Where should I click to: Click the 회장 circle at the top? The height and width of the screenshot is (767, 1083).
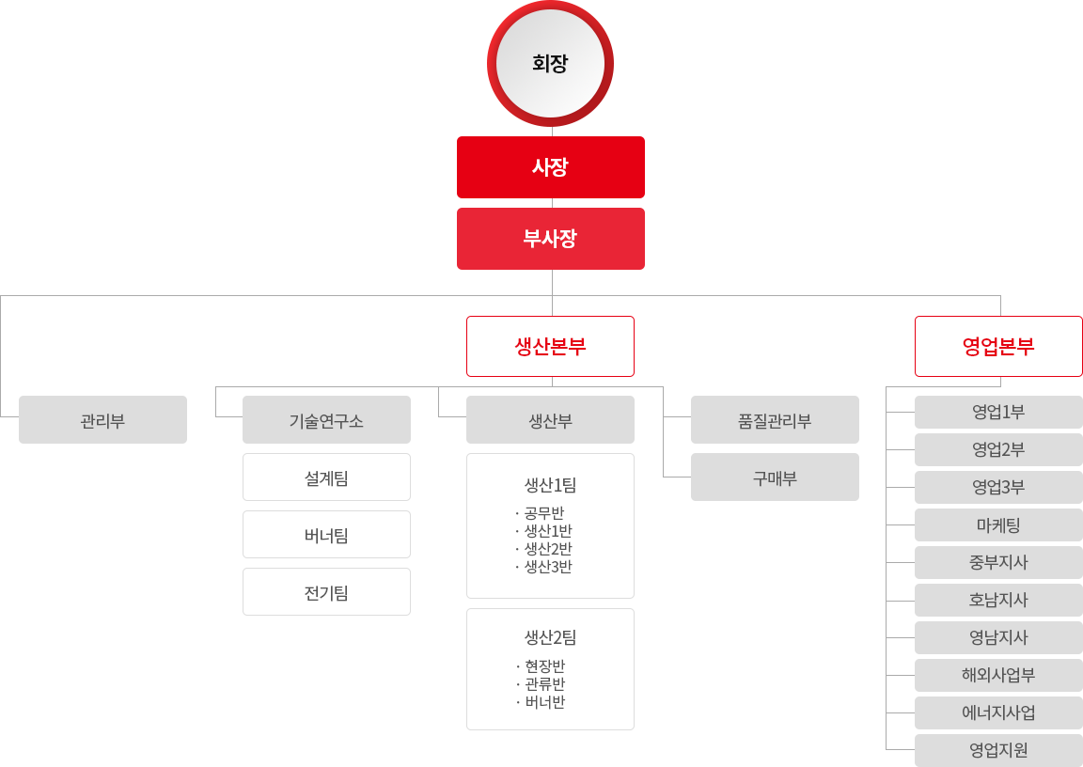pos(551,64)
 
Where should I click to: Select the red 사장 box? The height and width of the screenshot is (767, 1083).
pos(551,167)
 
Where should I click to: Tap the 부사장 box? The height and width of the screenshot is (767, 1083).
pos(551,239)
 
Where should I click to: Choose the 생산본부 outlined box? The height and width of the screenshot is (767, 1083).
pos(551,347)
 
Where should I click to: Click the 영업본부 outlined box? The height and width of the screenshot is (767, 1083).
pos(998,347)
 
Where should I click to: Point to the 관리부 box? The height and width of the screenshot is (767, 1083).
pos(102,420)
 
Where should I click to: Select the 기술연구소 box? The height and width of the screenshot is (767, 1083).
pos(327,420)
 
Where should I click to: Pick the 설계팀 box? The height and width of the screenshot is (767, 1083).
pos(327,477)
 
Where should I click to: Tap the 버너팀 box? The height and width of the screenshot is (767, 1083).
pos(327,534)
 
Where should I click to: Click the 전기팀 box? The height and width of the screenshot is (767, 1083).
pos(327,591)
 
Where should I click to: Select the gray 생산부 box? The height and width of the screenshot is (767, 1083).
pos(551,420)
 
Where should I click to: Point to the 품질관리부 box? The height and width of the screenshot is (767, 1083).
pos(775,420)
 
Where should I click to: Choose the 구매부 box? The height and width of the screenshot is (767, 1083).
pos(775,477)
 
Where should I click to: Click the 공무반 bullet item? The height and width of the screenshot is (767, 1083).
pos(541,513)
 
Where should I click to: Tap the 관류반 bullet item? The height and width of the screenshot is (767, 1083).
pos(541,684)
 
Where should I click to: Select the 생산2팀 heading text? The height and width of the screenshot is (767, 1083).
pos(551,637)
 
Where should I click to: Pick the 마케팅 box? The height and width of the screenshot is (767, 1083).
pos(998,524)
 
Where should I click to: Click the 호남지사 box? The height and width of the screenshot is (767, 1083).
pos(998,600)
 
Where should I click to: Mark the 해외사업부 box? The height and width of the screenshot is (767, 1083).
pos(998,675)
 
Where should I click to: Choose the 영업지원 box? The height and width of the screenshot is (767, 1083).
pos(998,750)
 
